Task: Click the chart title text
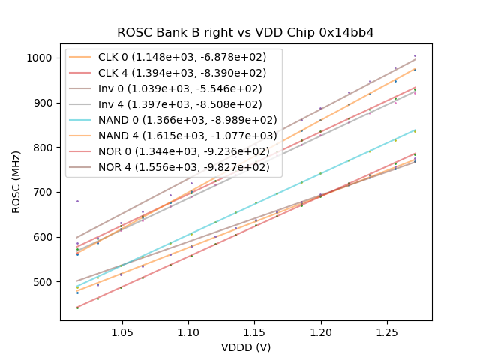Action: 245,33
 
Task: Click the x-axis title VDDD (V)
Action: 245,347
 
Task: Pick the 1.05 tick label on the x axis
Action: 121,331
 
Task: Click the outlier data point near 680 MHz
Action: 77,201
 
